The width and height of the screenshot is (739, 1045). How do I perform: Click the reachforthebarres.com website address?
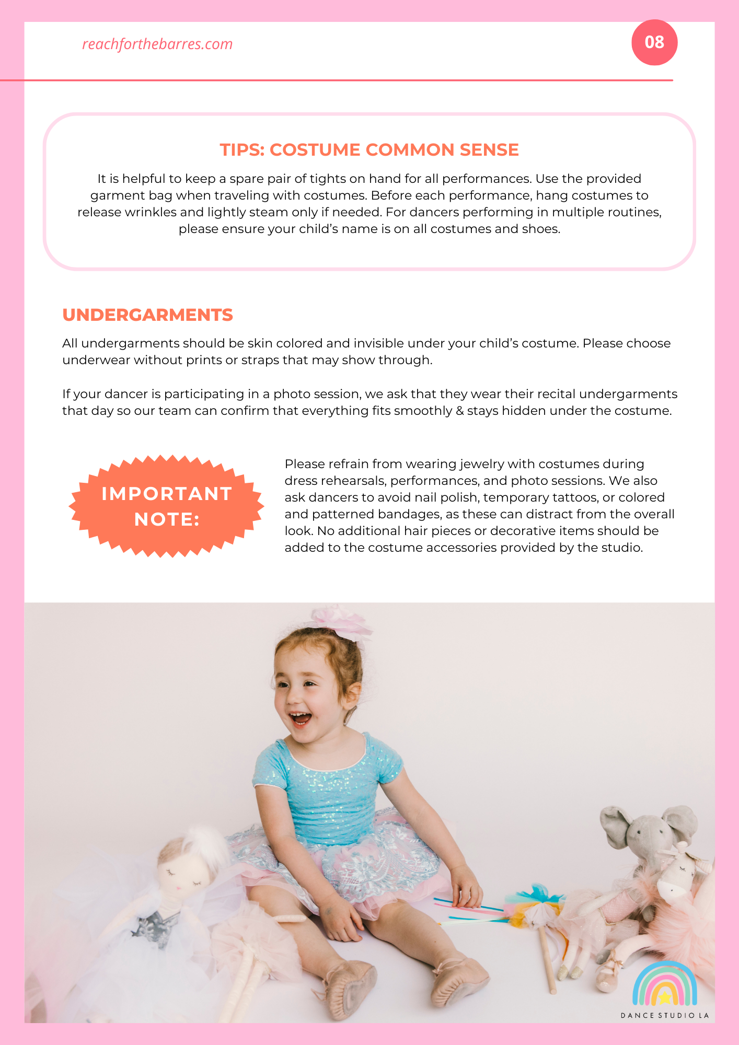tap(157, 44)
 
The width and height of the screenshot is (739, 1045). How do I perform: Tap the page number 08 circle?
tap(654, 42)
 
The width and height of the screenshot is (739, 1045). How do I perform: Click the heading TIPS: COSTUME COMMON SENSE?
tap(369, 150)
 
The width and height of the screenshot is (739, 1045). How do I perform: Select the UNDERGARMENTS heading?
tap(147, 315)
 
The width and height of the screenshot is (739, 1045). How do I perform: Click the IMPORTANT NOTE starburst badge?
tap(167, 506)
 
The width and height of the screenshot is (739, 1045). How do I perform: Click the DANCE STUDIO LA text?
tap(664, 1015)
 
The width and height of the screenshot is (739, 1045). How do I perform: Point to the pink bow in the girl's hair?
tap(340, 621)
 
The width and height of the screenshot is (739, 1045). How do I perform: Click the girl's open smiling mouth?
tap(301, 719)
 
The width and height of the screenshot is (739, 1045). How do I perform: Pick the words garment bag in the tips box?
tap(131, 195)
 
